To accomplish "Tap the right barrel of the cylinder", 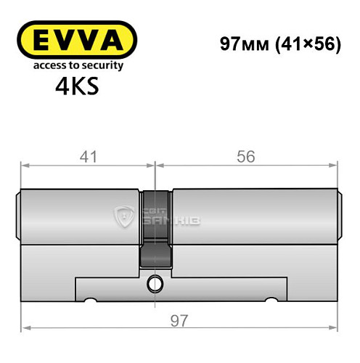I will click(254, 217).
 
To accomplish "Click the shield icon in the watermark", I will click(123, 216).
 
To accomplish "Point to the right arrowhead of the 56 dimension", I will click(336, 166).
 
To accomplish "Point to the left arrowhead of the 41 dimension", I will click(24, 166).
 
